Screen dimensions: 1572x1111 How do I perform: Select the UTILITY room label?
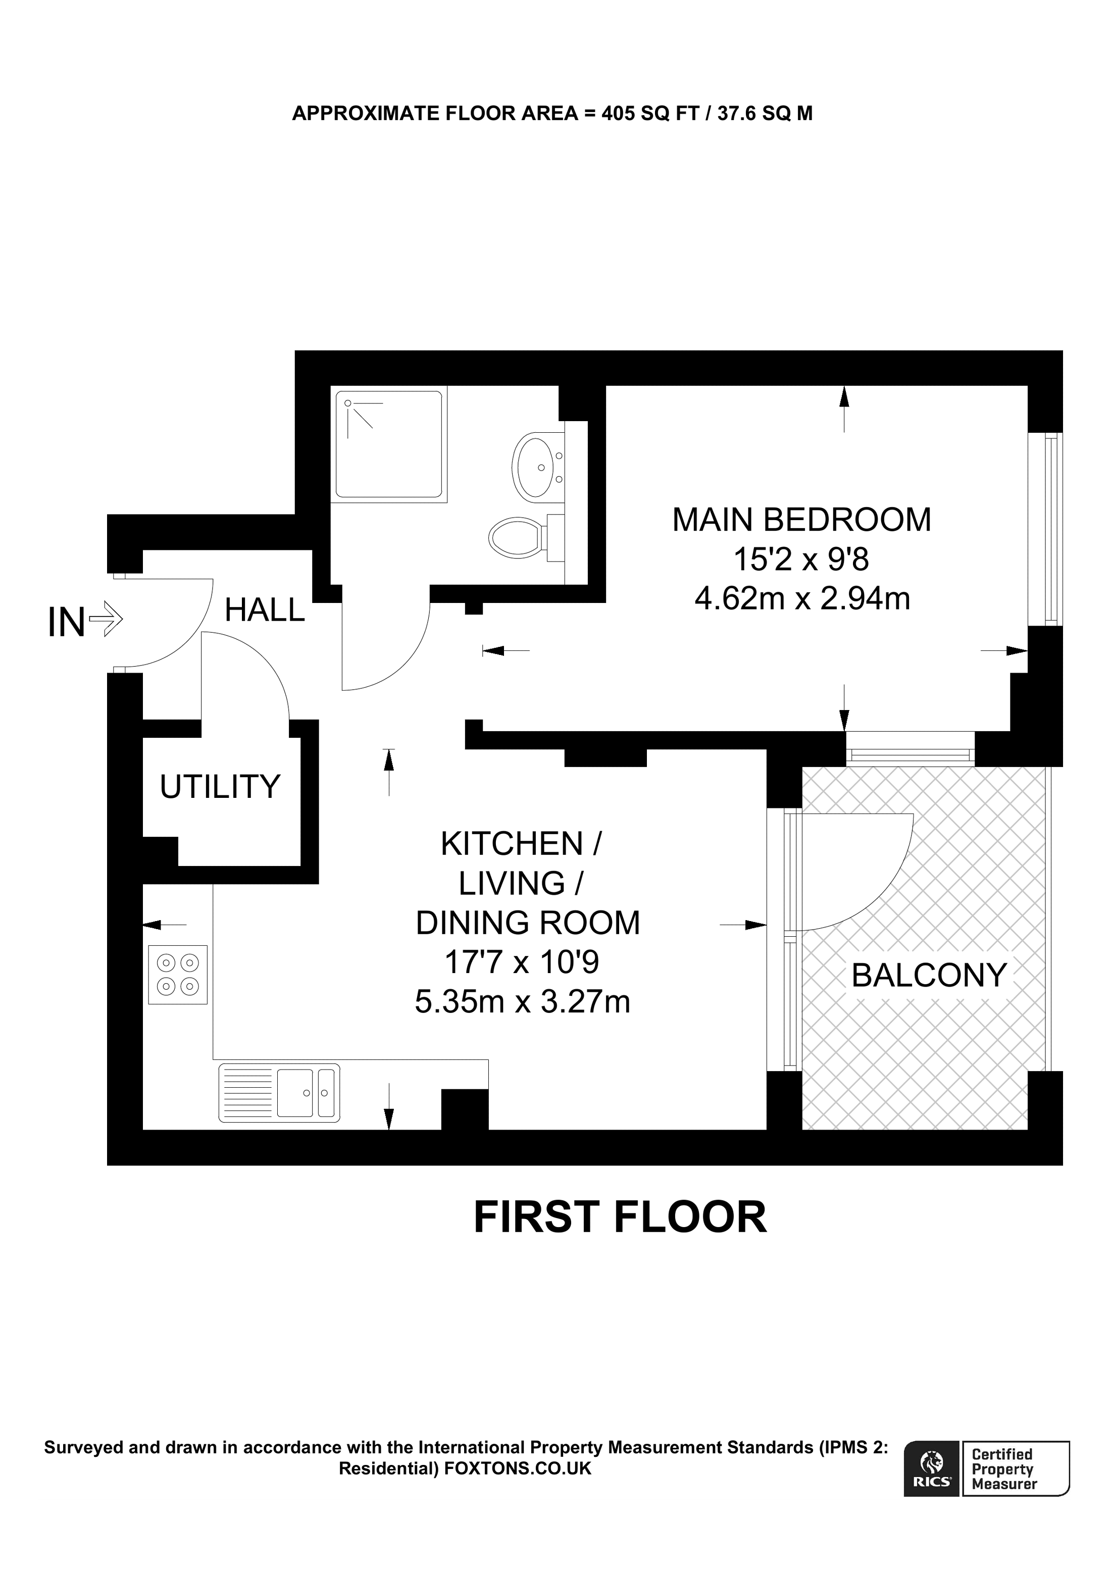click(220, 787)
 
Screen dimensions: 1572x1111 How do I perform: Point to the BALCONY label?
click(928, 975)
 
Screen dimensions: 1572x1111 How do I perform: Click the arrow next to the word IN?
click(106, 620)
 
